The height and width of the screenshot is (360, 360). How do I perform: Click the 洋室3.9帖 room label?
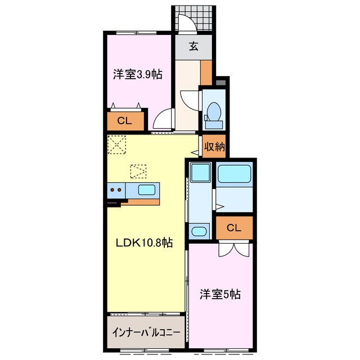(x=138, y=74)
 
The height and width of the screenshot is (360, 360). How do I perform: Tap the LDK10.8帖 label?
(x=145, y=243)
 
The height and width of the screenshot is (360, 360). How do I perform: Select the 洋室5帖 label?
(x=220, y=294)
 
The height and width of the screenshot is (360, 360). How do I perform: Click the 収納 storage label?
(x=214, y=147)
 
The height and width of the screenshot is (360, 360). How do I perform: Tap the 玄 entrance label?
(x=193, y=47)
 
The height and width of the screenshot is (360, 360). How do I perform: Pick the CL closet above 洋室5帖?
(x=234, y=227)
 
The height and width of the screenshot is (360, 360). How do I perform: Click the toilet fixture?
(x=213, y=111)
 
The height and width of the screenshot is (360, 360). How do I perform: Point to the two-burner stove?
(x=116, y=190)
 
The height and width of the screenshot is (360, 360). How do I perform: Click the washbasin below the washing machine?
(x=198, y=231)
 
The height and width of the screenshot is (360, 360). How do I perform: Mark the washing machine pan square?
(x=199, y=172)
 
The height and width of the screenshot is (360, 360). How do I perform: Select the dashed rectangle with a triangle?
(x=138, y=169)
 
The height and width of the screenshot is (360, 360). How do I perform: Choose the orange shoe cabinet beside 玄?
(x=206, y=72)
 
